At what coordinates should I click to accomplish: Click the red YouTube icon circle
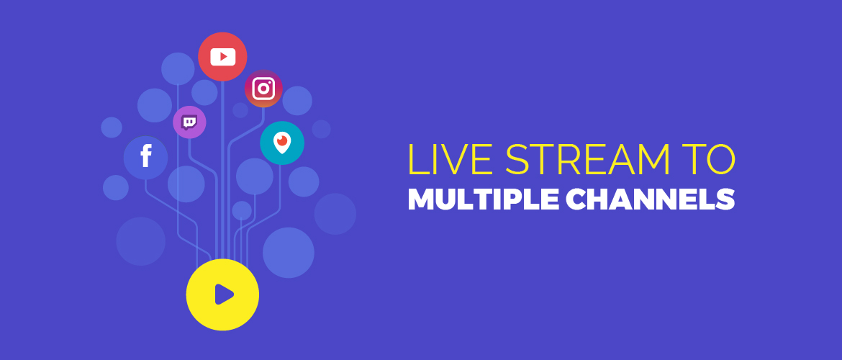click(222, 56)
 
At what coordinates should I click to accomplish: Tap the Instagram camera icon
click(263, 89)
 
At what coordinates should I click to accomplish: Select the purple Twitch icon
click(189, 122)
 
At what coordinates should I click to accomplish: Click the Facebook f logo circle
click(145, 158)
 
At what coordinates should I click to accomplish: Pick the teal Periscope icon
click(282, 143)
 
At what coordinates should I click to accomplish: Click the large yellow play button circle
click(222, 294)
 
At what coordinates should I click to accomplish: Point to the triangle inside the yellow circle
click(224, 294)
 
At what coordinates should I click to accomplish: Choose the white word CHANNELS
click(651, 199)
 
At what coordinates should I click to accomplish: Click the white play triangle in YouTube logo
click(224, 56)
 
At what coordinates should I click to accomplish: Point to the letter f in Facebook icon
click(145, 156)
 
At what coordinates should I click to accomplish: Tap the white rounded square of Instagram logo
click(263, 89)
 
